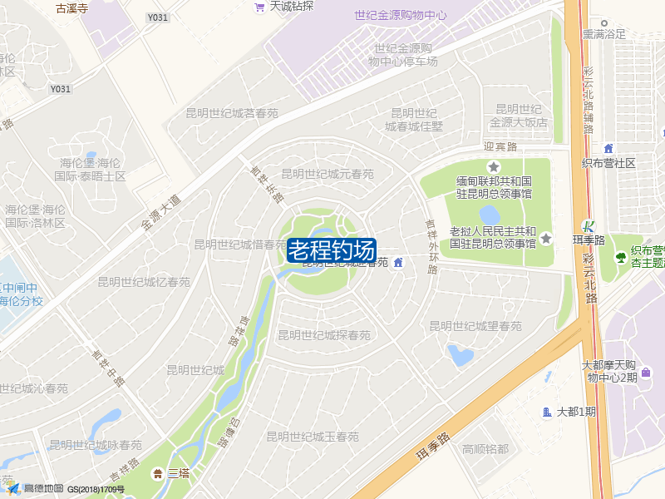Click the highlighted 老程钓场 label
332,249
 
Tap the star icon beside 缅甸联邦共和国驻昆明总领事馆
494,167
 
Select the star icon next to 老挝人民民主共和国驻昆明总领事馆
546,239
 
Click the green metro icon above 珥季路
589,226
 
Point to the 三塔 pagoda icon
157,473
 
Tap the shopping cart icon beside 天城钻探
259,7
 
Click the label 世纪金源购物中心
400,15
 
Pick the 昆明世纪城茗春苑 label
231,113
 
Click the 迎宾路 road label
500,146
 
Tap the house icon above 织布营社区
608,148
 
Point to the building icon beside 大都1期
546,412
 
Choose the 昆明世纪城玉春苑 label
313,437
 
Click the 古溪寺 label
72,8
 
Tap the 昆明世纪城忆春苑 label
144,282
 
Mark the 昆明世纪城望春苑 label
475,326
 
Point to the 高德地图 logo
37,489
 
